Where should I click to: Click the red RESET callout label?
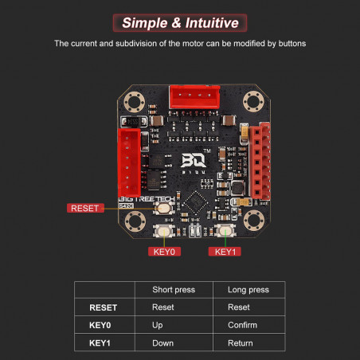85,208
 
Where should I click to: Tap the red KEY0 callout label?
164,252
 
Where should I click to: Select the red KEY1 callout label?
225,252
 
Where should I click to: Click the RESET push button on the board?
164,208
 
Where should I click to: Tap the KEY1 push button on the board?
225,230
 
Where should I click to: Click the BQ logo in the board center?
194,161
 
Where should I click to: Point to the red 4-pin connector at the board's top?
194,97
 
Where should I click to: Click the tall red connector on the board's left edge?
129,162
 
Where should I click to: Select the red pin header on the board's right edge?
260,162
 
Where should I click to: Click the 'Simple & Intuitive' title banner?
180,23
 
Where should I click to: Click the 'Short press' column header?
174,290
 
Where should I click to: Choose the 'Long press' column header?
248,290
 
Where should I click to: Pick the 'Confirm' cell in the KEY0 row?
242,325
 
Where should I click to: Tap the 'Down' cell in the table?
162,343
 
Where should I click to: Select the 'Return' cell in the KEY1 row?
241,343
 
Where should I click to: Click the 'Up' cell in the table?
158,325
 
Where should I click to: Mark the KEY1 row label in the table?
100,343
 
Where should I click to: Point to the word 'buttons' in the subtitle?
292,43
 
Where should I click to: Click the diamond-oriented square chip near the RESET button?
196,202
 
